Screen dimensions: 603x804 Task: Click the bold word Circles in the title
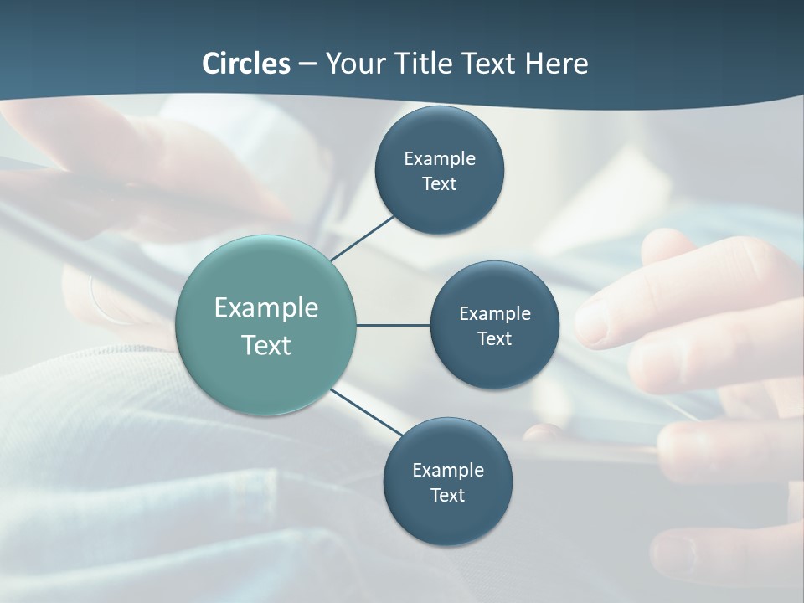point(246,64)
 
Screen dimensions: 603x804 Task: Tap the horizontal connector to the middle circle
point(393,325)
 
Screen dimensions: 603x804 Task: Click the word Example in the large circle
point(266,308)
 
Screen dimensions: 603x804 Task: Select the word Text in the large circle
point(266,345)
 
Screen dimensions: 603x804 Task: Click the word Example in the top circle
point(440,158)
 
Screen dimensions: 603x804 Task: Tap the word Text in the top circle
point(439,184)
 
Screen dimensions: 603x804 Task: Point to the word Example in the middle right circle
point(495,313)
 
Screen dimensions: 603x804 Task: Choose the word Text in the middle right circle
point(494,339)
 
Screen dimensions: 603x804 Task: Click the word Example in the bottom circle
point(448,470)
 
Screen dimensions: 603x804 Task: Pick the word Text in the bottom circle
point(447,496)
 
